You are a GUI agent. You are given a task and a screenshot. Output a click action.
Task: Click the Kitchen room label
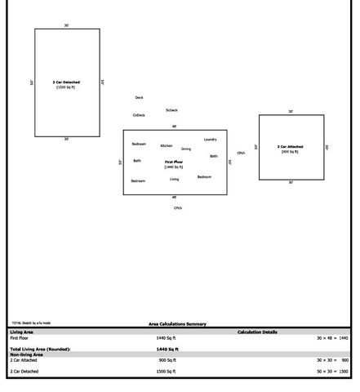point(167,146)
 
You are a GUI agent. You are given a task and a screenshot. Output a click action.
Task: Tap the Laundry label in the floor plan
point(211,140)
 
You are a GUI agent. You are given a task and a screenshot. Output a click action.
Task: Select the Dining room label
point(186,149)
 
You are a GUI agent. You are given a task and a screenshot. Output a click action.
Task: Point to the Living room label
point(175,179)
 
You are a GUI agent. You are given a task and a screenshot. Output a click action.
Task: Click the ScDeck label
point(171,110)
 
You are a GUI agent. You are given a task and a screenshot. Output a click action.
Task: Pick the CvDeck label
point(139,115)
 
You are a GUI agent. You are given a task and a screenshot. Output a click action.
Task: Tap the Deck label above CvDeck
point(139,98)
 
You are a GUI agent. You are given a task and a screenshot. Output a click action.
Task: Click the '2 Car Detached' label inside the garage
point(66,82)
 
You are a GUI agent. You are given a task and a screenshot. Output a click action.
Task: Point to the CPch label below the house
point(178,208)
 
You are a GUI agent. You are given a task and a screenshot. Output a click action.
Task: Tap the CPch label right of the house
point(241,153)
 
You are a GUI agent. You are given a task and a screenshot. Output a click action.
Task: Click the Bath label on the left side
point(137,161)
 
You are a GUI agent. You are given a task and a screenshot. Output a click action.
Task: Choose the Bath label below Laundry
point(214,156)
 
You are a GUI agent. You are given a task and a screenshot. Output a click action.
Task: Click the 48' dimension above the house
point(174,127)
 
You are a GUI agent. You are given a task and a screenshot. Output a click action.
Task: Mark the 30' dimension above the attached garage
point(291,112)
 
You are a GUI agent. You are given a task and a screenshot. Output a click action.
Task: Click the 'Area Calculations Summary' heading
point(177,324)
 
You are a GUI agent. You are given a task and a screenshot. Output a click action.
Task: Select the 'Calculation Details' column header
point(257,332)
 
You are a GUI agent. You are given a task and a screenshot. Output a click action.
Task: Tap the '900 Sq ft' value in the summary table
point(167,360)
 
